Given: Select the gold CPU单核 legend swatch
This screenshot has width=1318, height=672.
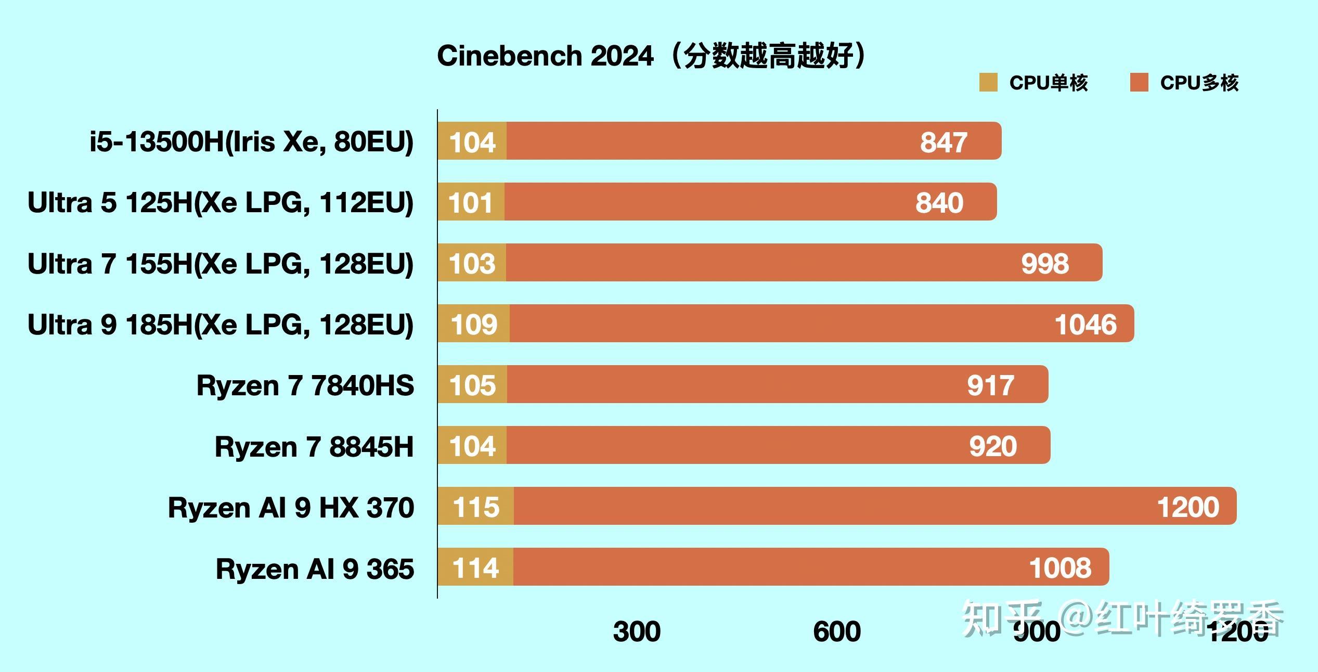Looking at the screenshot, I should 988,83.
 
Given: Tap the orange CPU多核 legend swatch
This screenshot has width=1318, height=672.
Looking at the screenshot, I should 1139,83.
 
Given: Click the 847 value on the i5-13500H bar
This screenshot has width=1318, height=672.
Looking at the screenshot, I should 944,142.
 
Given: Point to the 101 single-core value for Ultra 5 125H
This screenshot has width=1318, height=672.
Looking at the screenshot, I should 470,202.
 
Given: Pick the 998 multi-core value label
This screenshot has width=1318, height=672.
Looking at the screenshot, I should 1045,263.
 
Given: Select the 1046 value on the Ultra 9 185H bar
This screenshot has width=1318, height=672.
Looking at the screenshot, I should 1086,324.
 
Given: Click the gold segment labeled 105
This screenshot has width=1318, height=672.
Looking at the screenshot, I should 472,385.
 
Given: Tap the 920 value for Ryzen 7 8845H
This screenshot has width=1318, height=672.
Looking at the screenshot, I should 993,446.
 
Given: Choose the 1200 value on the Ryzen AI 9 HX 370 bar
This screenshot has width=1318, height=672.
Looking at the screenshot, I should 1188,507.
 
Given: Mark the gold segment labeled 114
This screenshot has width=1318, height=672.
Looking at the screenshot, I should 475,567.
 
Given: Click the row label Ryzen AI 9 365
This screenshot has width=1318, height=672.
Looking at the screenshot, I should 315,568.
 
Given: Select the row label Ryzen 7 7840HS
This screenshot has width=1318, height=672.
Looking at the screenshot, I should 305,385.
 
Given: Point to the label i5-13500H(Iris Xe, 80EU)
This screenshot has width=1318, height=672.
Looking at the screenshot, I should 252,141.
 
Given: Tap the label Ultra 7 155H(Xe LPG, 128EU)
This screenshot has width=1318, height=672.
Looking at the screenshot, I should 221,264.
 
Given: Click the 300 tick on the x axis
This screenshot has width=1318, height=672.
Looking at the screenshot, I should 637,631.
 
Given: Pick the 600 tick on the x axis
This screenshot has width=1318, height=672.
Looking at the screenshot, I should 837,631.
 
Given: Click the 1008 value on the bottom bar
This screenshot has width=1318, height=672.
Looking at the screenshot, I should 1060,567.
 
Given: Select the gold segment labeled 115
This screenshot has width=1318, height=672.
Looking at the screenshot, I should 476,507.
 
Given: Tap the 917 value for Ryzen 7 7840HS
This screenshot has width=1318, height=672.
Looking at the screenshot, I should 991,385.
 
